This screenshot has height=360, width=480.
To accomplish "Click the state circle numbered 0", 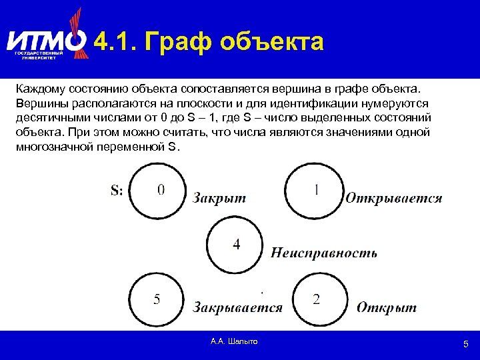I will tap(158, 191).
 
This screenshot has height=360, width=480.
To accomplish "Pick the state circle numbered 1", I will tap(315, 191).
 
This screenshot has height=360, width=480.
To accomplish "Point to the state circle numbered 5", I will tap(158, 299).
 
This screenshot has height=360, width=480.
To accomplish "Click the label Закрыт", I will tap(219, 197).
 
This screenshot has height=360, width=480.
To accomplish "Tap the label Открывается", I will tap(393, 197).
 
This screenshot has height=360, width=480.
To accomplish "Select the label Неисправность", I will tap(324, 253).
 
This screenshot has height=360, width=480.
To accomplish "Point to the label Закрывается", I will tap(237, 307).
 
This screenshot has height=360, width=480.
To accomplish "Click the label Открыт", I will tap(387, 307).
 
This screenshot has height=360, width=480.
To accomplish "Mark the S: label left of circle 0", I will tap(117, 191).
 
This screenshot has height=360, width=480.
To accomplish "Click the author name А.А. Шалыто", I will tap(233, 341).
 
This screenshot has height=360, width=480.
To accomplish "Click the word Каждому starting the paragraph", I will tap(39, 89).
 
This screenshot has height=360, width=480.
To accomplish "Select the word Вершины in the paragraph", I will tap(39, 103).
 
